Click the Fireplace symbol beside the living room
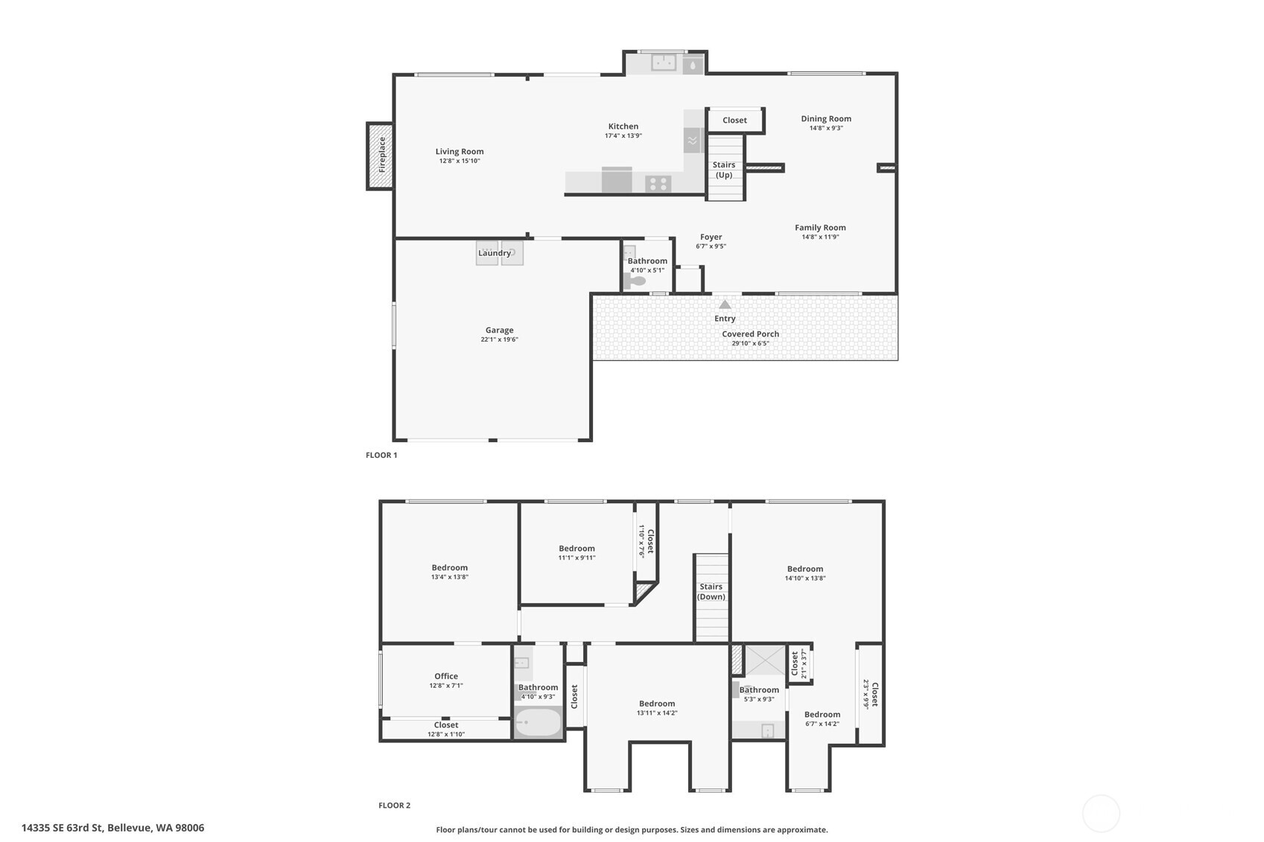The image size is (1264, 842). (380, 156)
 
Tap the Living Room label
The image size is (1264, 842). (460, 152)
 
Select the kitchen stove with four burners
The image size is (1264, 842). (658, 183)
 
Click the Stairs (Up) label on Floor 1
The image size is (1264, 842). (724, 170)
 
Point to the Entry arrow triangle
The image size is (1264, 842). (725, 304)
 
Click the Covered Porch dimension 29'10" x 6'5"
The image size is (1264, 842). (750, 343)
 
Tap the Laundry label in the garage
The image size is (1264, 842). (495, 253)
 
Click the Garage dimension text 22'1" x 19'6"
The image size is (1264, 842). (499, 339)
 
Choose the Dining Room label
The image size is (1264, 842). (826, 118)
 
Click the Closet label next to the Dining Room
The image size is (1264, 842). (734, 120)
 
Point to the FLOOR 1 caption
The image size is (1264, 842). (381, 455)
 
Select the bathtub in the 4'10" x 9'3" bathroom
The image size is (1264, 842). (538, 722)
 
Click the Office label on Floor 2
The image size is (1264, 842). (446, 676)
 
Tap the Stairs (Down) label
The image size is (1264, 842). (711, 592)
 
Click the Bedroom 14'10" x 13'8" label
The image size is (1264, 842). (805, 569)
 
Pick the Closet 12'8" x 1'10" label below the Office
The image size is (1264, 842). (446, 724)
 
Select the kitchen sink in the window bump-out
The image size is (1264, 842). (664, 63)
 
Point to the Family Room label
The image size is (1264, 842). (820, 228)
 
